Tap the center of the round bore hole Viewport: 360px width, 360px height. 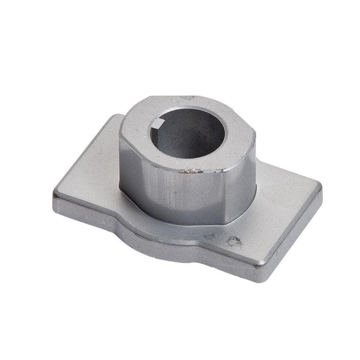pos(187,133)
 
